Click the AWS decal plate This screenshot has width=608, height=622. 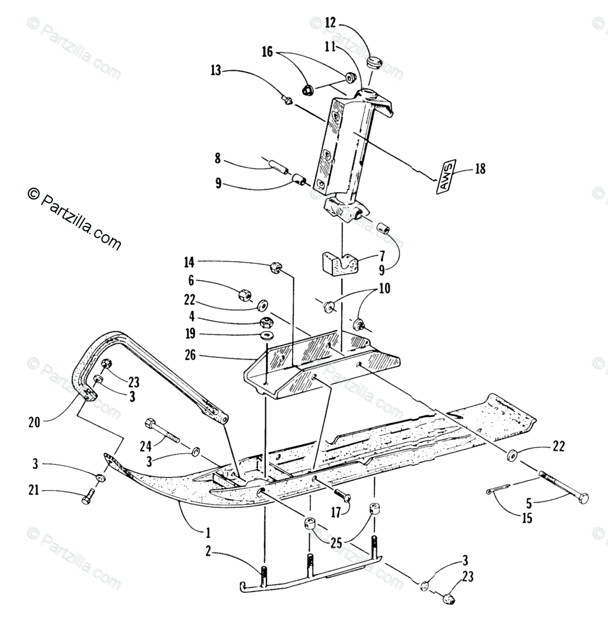point(447,175)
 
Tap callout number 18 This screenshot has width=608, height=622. point(480,169)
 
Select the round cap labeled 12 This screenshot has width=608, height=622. point(375,62)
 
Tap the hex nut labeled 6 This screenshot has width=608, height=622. point(244,294)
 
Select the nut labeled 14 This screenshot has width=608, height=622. point(275,268)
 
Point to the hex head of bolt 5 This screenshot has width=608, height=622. point(582,498)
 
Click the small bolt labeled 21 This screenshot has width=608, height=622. point(88,496)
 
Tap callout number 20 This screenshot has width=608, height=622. point(33,423)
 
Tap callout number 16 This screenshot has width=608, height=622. point(267,52)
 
